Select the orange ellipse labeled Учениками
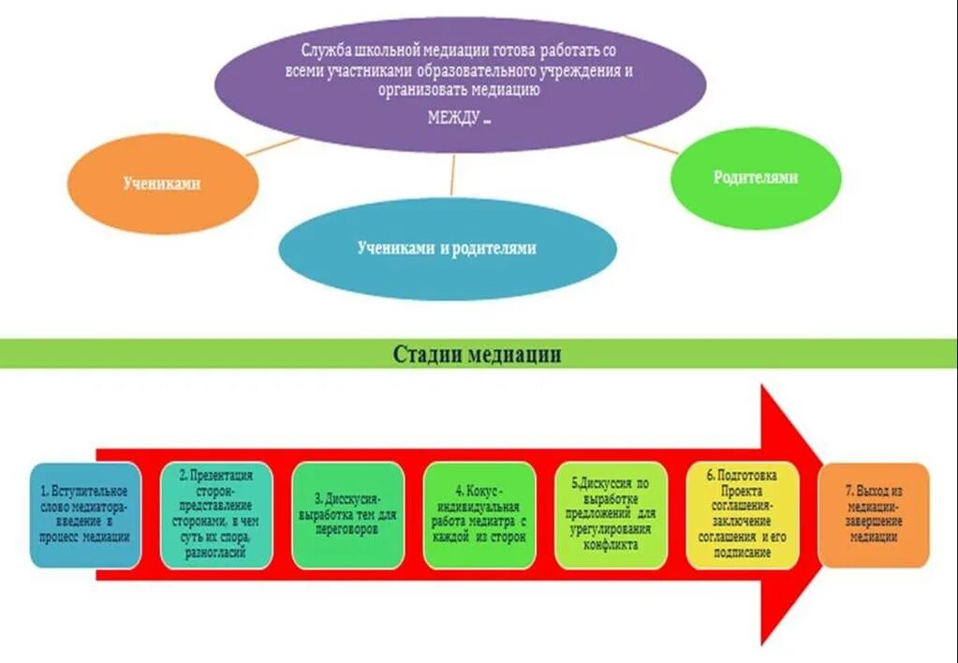coord(162,184)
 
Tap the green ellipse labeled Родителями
coord(755,177)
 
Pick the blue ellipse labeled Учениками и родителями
coord(447,248)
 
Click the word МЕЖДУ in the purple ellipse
coord(454,118)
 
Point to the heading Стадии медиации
coord(477,354)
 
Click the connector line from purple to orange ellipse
coord(273,146)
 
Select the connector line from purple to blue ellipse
coord(452,174)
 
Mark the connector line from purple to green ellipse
coord(650,143)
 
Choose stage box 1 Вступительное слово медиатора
coord(85,514)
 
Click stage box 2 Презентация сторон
coord(216,514)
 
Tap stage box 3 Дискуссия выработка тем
coord(347,514)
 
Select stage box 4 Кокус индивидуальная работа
coord(479,514)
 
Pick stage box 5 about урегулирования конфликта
coord(611,514)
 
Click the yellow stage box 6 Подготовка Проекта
coord(743,514)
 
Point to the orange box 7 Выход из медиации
coord(874,514)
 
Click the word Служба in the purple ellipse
coord(326,48)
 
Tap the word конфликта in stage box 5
coord(611,544)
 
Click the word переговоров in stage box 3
coord(347,529)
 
